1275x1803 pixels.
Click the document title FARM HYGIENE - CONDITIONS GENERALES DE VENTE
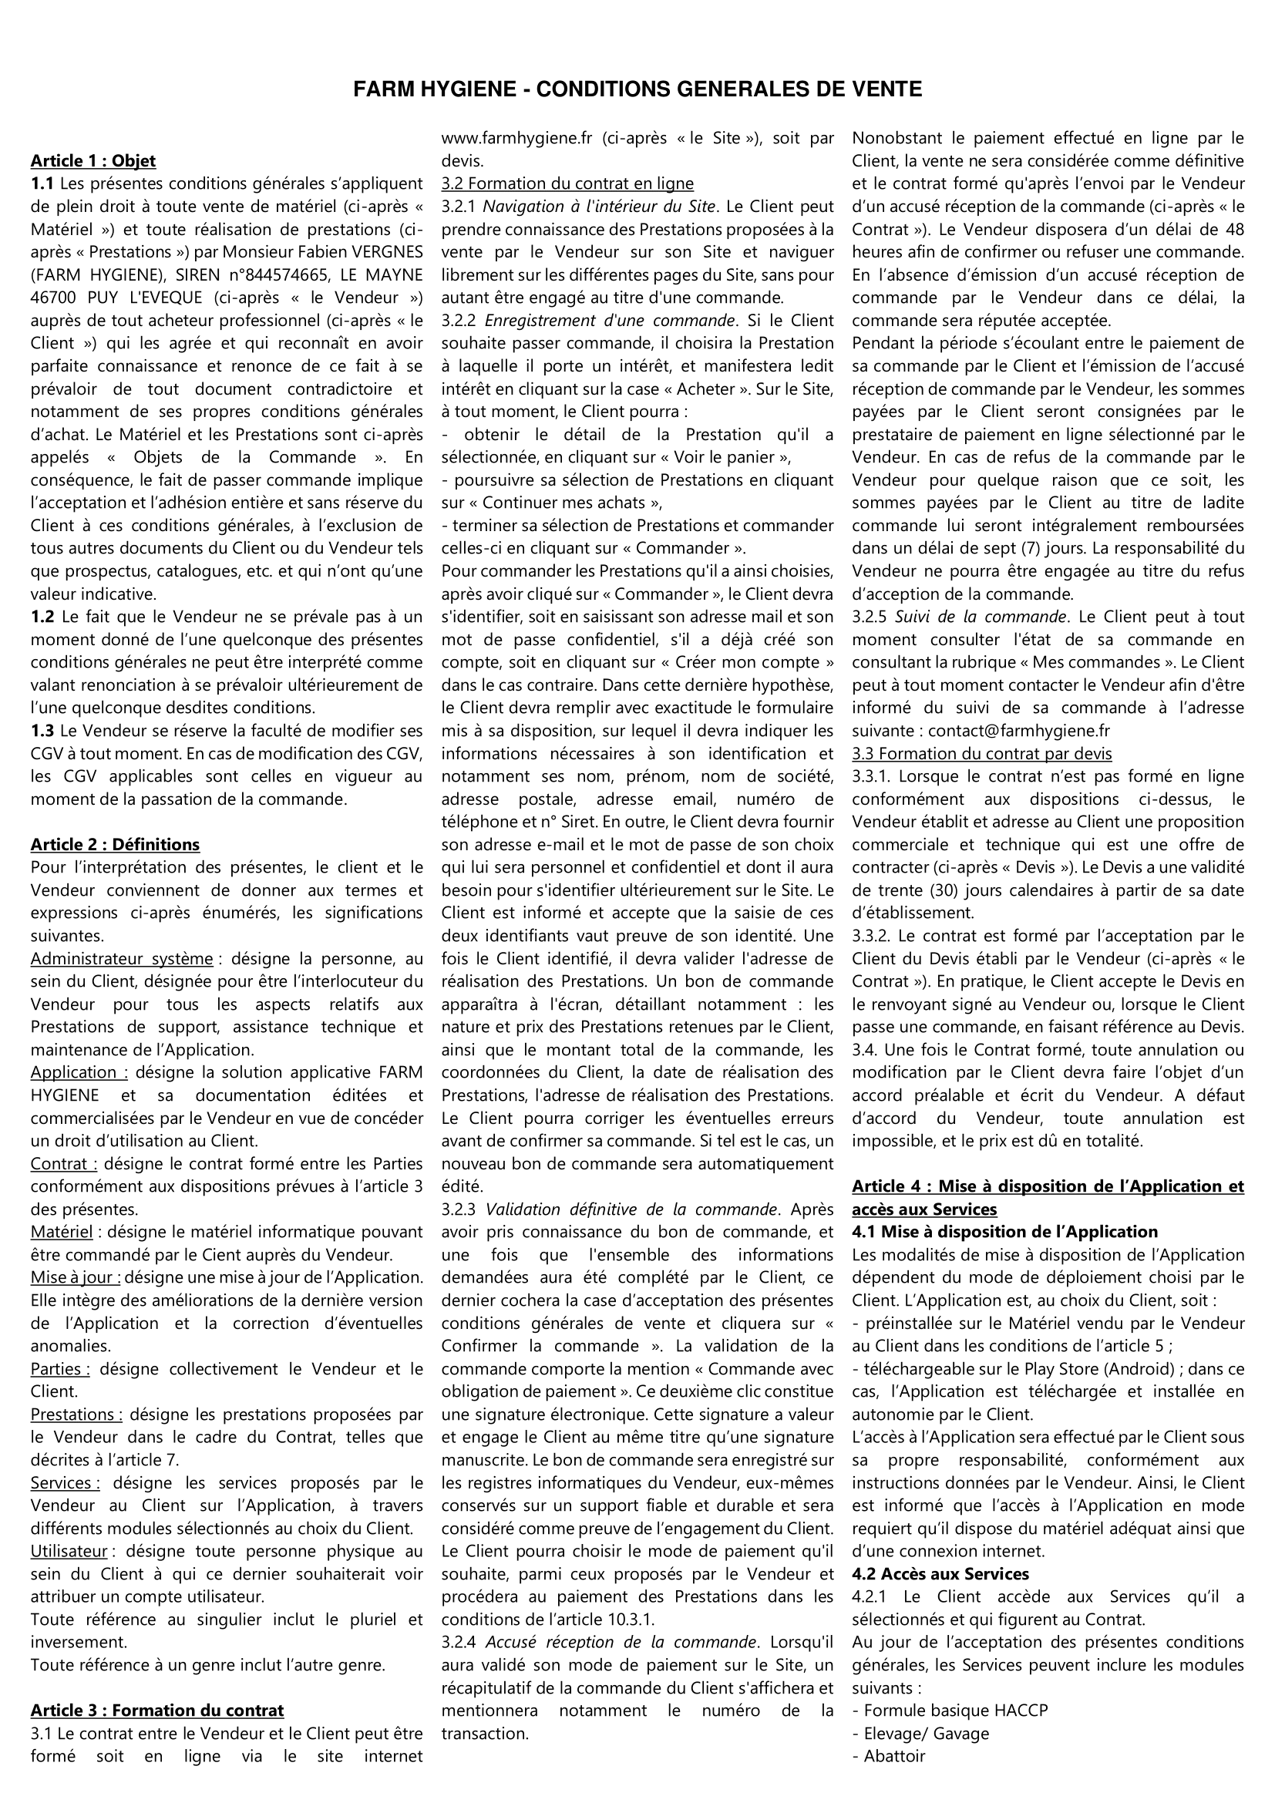(637, 89)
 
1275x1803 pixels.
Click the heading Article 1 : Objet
(93, 161)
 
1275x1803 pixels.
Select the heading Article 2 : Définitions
(115, 844)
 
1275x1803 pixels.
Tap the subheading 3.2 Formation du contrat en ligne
(567, 183)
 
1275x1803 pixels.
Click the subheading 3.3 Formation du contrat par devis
(981, 754)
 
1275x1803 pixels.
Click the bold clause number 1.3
(42, 730)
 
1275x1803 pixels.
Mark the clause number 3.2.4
(460, 1641)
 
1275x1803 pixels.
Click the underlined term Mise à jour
(76, 1277)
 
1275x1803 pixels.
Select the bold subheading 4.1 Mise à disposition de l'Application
(1005, 1231)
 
